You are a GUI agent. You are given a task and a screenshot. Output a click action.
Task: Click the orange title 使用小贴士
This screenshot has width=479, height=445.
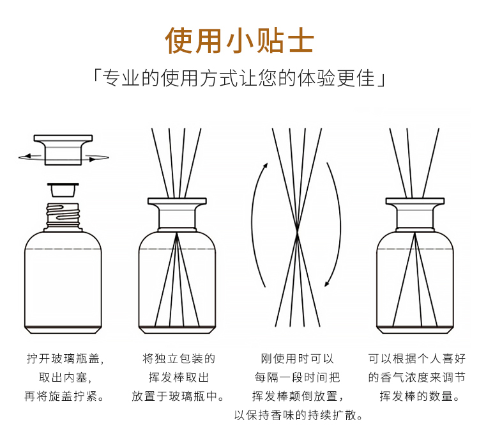[x=240, y=41]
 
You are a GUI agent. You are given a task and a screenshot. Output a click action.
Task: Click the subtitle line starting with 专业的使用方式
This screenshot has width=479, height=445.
[x=240, y=78]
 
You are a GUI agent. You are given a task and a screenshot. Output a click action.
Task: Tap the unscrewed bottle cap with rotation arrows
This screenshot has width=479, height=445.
[x=63, y=150]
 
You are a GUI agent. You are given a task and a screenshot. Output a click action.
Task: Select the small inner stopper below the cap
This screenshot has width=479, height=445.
[x=63, y=191]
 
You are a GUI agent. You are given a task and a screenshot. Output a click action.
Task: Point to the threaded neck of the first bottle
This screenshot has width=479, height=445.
[x=63, y=217]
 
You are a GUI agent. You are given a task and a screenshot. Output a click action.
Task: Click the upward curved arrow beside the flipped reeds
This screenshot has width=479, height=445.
[x=254, y=223]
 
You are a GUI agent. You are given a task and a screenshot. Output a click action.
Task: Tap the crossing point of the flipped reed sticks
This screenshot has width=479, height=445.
[x=297, y=232]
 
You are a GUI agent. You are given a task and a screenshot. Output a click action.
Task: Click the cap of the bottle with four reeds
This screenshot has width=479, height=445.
[x=177, y=214]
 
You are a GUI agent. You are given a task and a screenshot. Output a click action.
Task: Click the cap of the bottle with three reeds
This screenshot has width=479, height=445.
[x=415, y=214]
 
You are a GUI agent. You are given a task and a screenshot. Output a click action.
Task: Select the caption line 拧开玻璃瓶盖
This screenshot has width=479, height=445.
[x=65, y=359]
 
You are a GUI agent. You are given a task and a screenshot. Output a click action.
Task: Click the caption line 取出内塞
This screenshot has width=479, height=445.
[x=65, y=378]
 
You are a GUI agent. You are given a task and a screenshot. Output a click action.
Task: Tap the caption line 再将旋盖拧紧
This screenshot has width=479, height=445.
[x=64, y=396]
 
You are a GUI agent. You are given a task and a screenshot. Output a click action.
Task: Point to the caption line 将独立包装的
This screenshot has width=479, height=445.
[x=179, y=359]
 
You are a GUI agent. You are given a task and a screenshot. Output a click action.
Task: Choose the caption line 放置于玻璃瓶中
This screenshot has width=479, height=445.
[x=178, y=396]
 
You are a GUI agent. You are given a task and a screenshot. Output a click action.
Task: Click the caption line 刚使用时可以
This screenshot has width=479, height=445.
[x=297, y=359]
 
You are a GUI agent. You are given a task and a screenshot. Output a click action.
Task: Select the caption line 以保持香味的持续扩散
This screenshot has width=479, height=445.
[x=298, y=416]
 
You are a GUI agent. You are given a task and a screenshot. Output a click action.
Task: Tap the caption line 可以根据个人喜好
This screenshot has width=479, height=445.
[x=416, y=359]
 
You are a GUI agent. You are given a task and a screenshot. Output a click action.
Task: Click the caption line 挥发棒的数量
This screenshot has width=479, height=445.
[x=420, y=396]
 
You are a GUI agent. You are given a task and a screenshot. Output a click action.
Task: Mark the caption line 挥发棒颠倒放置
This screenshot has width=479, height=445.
[x=298, y=396]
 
